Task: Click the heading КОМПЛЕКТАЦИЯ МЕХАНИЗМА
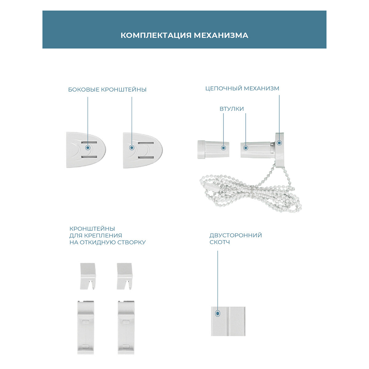click(x=184, y=35)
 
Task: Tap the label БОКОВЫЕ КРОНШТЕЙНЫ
click(x=107, y=90)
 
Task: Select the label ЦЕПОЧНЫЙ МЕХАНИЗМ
click(x=242, y=89)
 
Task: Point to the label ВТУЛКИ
click(x=232, y=109)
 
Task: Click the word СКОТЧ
click(x=220, y=242)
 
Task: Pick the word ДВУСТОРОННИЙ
click(x=236, y=236)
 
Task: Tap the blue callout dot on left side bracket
click(x=88, y=148)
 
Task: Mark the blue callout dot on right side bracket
click(x=132, y=148)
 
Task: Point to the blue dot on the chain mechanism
click(x=279, y=143)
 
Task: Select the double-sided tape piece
click(x=228, y=321)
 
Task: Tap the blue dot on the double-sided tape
click(x=218, y=313)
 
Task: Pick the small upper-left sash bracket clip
click(x=88, y=276)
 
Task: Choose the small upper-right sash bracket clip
click(x=125, y=276)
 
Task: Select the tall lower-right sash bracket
click(x=126, y=327)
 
